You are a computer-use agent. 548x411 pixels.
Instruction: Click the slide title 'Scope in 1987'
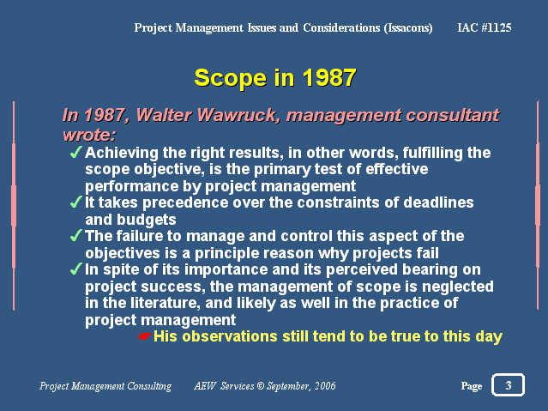(275, 78)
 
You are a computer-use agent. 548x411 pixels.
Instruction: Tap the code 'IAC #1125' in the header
(485, 27)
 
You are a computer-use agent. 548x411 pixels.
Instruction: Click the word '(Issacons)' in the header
(408, 28)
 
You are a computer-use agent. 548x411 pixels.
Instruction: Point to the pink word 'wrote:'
(89, 135)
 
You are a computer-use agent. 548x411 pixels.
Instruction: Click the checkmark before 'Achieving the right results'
(75, 152)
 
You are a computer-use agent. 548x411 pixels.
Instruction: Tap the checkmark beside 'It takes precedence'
(75, 202)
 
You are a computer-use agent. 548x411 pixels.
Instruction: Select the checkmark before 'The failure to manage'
(75, 235)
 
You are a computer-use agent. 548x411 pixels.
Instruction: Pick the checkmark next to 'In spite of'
(75, 269)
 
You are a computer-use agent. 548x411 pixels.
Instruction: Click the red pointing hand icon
(144, 336)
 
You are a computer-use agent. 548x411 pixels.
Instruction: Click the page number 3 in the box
(509, 385)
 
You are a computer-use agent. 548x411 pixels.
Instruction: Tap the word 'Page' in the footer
(472, 386)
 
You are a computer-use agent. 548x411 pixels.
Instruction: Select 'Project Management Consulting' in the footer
(105, 386)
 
